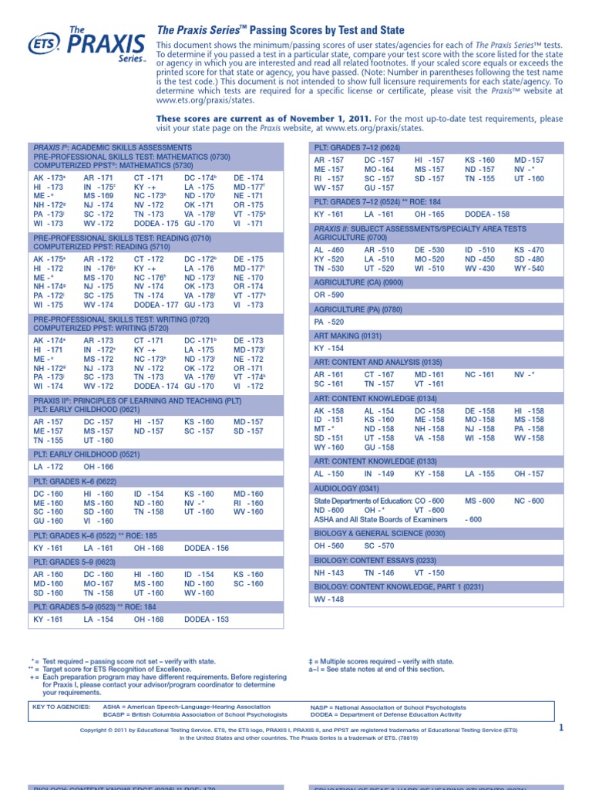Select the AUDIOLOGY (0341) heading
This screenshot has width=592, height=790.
pos(346,488)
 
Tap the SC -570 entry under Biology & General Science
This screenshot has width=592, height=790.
pos(380,545)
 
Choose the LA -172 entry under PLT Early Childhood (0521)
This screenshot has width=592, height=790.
pos(49,467)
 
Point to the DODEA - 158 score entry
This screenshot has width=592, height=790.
pos(488,214)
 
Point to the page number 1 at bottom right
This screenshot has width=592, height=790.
pos(561,728)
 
